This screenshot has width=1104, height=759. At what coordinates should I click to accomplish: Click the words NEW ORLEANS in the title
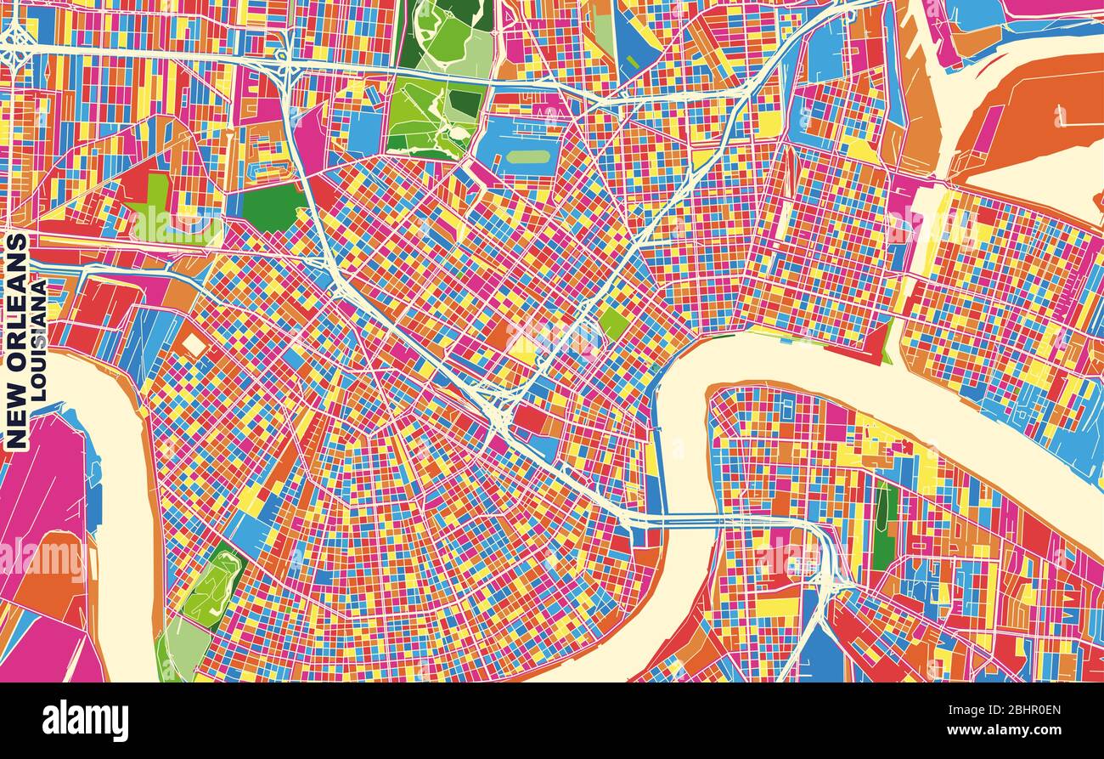[x=16, y=341]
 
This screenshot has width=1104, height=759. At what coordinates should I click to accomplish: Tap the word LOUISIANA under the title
[x=38, y=341]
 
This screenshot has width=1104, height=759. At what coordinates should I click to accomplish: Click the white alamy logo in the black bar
[x=85, y=721]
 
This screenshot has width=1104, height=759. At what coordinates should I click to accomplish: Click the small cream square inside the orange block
[x=194, y=344]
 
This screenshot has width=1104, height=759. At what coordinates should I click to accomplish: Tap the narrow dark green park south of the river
[x=884, y=527]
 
